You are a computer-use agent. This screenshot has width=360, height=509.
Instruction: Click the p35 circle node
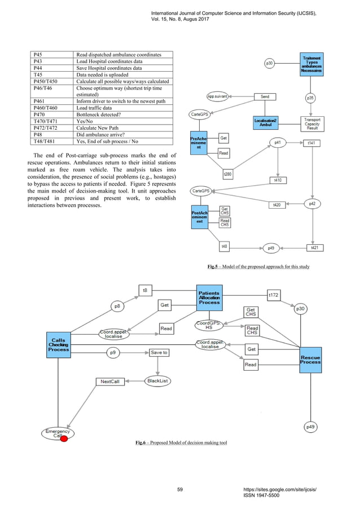310,98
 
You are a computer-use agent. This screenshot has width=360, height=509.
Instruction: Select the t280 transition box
227,174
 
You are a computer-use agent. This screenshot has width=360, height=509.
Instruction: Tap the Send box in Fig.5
265,97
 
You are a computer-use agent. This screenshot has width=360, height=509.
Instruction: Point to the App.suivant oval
217,96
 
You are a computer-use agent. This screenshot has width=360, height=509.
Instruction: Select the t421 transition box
314,248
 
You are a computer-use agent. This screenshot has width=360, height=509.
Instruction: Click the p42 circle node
312,203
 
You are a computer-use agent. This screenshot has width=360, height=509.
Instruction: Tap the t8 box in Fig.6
145,291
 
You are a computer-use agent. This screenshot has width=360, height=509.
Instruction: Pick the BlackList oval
157,381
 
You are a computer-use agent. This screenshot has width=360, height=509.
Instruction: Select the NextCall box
110,381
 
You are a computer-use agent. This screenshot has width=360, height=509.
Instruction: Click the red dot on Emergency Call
64,439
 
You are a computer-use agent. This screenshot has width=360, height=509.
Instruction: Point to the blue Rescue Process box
310,359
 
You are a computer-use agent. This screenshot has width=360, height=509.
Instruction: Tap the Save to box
159,353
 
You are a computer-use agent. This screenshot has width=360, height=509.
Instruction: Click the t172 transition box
274,295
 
